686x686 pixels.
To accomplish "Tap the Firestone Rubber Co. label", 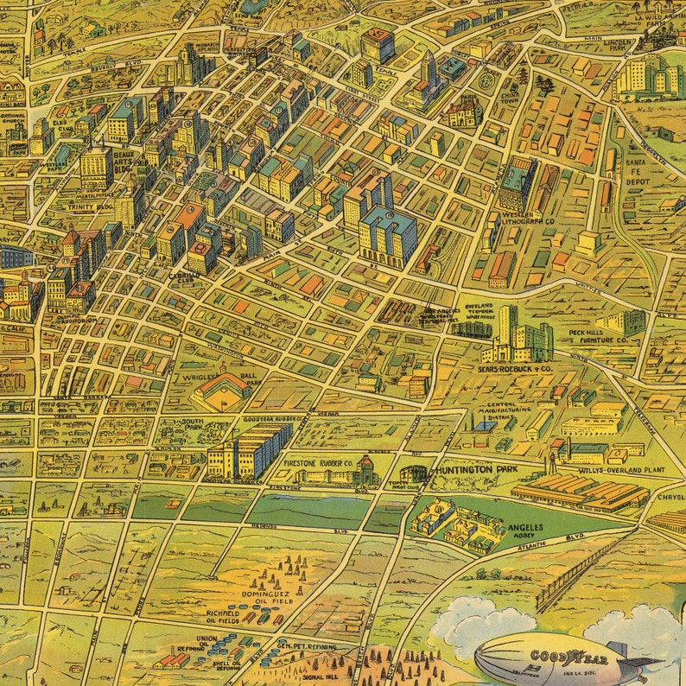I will tap(318, 463).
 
